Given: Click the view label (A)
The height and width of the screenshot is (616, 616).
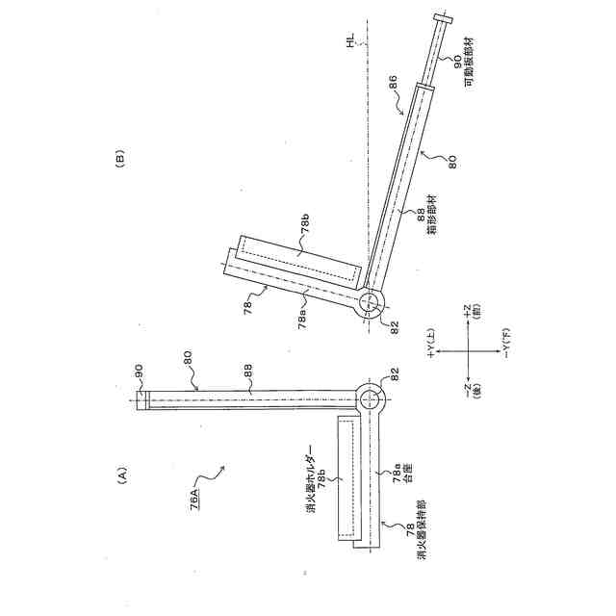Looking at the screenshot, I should click(x=121, y=474).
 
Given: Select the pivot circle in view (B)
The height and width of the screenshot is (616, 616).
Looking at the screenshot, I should click(x=371, y=303).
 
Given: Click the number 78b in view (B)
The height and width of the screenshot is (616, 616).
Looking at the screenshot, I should click(x=304, y=231).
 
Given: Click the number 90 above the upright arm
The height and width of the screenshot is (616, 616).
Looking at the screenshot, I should click(x=138, y=369).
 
